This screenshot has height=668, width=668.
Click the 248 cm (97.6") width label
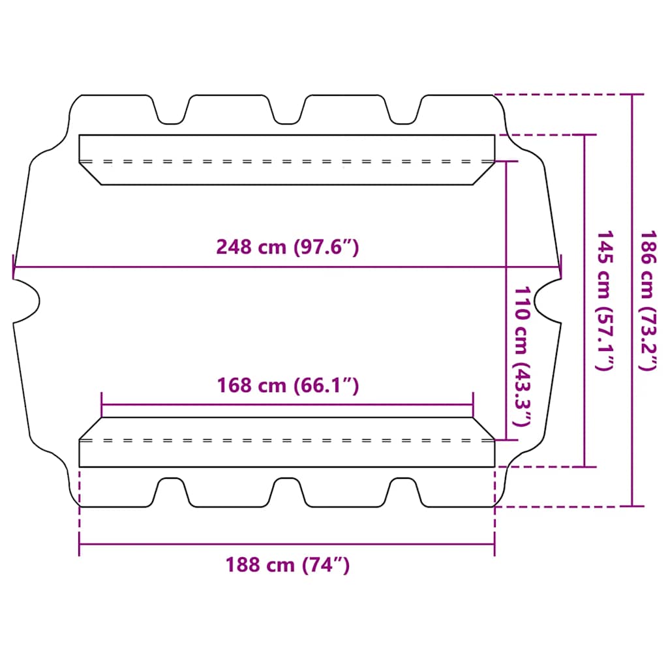287,247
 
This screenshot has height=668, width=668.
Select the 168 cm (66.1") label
287,386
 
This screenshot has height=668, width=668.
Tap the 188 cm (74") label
287,564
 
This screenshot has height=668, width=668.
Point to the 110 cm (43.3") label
523,356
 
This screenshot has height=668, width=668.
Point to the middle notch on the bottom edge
287,491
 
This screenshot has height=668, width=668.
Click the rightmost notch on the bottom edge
402,491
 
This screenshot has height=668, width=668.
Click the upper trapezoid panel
287,159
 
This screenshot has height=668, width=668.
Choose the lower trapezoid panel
287,442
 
